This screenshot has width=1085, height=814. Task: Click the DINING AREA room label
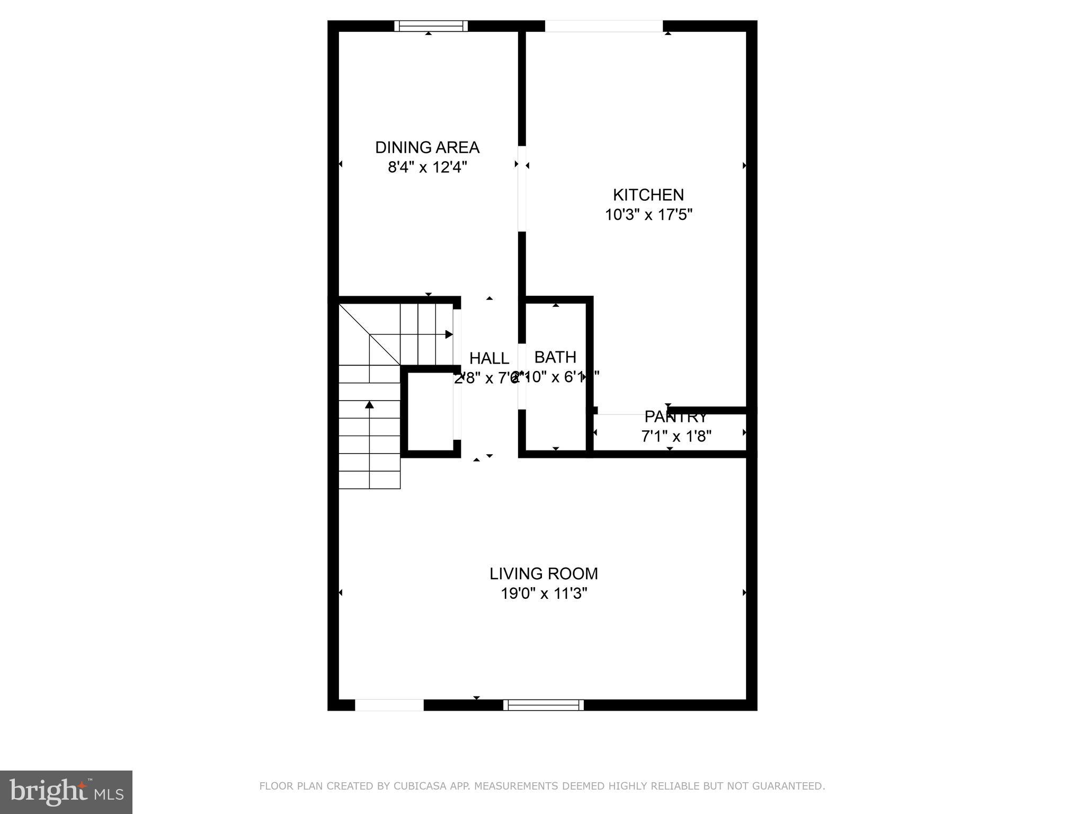(427, 147)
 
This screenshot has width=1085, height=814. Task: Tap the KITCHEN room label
(648, 195)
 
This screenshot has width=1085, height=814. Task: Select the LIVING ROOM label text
(544, 573)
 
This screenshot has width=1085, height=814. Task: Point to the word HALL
(489, 359)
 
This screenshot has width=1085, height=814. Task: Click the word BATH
(555, 357)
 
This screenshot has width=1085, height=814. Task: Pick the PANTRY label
(675, 417)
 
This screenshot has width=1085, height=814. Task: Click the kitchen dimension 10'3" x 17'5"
(648, 215)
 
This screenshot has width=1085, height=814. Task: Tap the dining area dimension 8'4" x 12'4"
(427, 167)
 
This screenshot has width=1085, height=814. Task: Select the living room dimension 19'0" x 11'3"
(544, 594)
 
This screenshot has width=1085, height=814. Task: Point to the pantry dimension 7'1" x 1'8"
(676, 436)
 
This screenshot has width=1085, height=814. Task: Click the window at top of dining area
(431, 26)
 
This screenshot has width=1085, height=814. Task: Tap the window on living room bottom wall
(543, 705)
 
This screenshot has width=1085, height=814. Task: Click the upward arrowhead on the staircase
(369, 405)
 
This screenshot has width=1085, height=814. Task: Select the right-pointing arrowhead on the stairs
(449, 334)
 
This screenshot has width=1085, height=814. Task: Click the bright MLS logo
(66, 792)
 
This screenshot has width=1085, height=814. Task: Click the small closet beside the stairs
(430, 411)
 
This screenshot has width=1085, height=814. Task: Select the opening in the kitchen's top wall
(603, 26)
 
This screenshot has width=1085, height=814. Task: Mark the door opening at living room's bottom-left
(389, 705)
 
